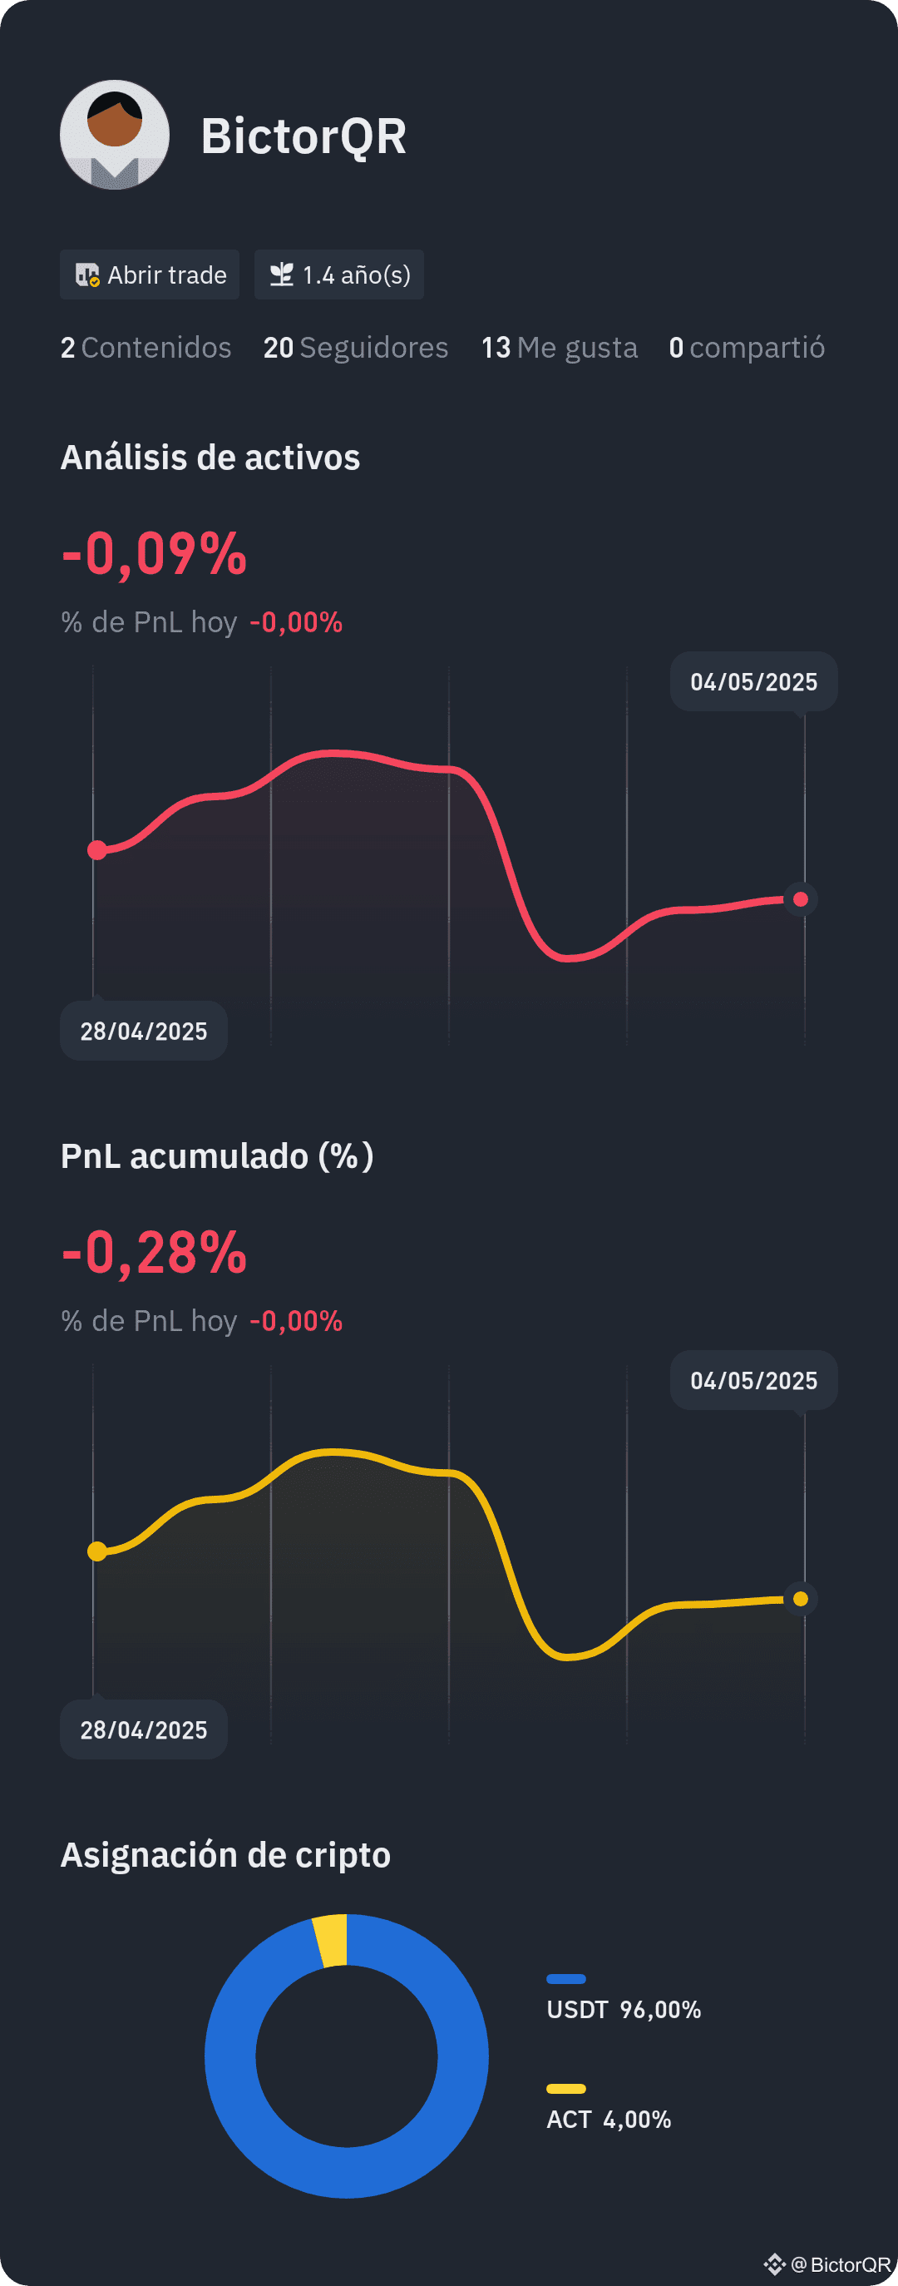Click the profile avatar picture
coord(115,135)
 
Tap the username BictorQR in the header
coord(303,136)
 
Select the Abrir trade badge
coord(149,275)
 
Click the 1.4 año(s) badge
coord(339,275)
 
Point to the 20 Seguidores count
coord(356,348)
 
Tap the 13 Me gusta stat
coord(559,348)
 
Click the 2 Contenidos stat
coord(146,348)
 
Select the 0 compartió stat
coord(747,348)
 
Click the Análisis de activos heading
coord(210,458)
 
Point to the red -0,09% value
coord(155,555)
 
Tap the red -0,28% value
coord(155,1253)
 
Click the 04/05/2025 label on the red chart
coord(754,681)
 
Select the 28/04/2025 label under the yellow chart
coord(144,1729)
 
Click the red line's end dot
coord(801,900)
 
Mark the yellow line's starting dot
coord(97,1551)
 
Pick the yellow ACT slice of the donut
coord(331,1941)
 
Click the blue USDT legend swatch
coord(566,1978)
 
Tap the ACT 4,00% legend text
coord(609,2119)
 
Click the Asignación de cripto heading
coord(225,1855)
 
